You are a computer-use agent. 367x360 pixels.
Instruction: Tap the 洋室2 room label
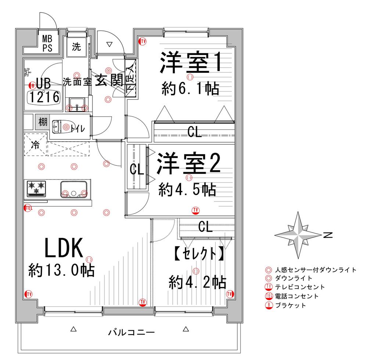(x=188, y=164)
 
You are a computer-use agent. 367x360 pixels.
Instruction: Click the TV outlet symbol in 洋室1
(x=142, y=41)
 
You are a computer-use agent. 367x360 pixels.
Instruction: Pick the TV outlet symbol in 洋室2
(x=195, y=210)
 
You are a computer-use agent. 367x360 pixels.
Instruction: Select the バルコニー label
(x=131, y=333)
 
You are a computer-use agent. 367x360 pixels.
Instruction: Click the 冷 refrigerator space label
(x=35, y=145)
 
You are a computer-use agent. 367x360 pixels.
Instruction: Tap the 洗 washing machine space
(x=76, y=47)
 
